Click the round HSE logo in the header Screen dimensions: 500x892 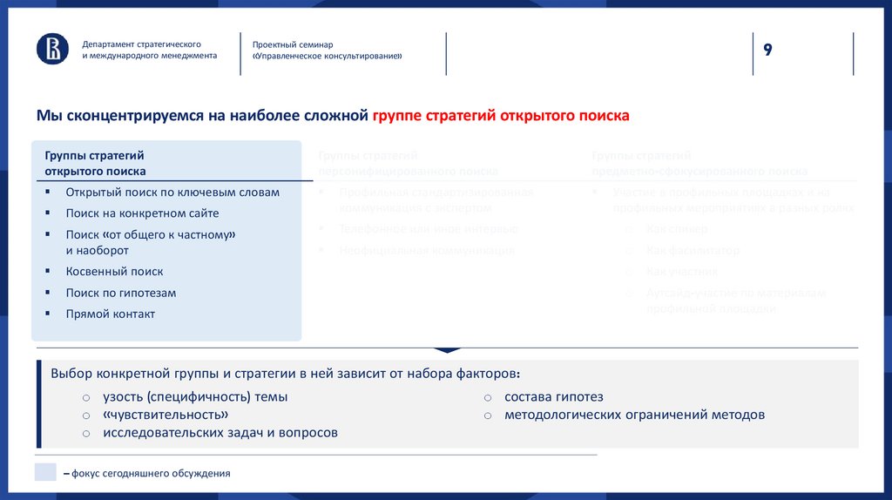pyautogui.click(x=52, y=49)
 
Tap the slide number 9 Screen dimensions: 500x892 pyautogui.click(x=767, y=50)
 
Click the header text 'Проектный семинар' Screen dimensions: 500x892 pyautogui.click(x=293, y=44)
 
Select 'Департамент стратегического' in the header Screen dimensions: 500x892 pyautogui.click(x=142, y=44)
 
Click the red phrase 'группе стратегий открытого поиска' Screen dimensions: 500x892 pyautogui.click(x=500, y=116)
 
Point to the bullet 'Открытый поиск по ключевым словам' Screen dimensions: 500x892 pyautogui.click(x=172, y=193)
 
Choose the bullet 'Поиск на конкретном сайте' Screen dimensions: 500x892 pyautogui.click(x=142, y=213)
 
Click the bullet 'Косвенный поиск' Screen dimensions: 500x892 pyautogui.click(x=114, y=272)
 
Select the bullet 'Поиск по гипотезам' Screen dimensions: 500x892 pyautogui.click(x=121, y=293)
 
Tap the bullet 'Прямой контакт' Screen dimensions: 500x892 pyautogui.click(x=110, y=314)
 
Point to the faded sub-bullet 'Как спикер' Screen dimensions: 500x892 pyautogui.click(x=676, y=229)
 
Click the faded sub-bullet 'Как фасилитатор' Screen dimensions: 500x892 pyautogui.click(x=693, y=251)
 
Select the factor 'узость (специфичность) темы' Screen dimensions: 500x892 pyautogui.click(x=195, y=397)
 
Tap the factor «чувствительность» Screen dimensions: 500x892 pyautogui.click(x=166, y=415)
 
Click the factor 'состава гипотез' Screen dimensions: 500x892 pyautogui.click(x=553, y=397)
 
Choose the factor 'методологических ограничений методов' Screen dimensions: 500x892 pyautogui.click(x=634, y=415)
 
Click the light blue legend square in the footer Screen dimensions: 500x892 pyautogui.click(x=45, y=473)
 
